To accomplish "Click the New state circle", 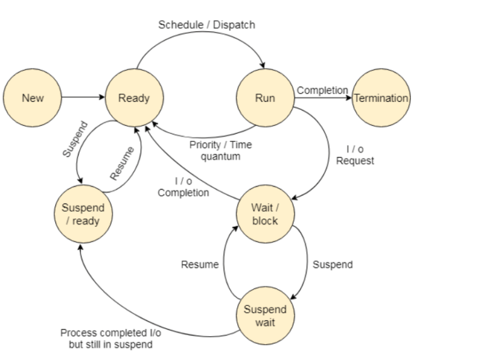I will pos(33,98).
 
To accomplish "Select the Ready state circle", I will pos(134,98).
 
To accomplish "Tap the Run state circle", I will pos(265,98).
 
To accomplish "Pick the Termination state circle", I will pos(381,98).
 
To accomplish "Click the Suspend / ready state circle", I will pos(83,214).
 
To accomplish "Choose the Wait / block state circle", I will pos(265,214).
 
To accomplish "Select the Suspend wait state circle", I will pos(265,315).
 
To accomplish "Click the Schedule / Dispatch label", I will pos(206,25).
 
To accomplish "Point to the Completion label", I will pos(322,90).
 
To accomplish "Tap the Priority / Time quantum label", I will pos(220,150).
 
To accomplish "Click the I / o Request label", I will pos(355,155).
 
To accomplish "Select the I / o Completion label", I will pos(183,187).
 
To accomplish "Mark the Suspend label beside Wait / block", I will pos(333,265).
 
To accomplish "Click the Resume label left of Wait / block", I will pos(199,265).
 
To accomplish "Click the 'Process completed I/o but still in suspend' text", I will pos(110,339).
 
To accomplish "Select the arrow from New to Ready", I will pos(83,98).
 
